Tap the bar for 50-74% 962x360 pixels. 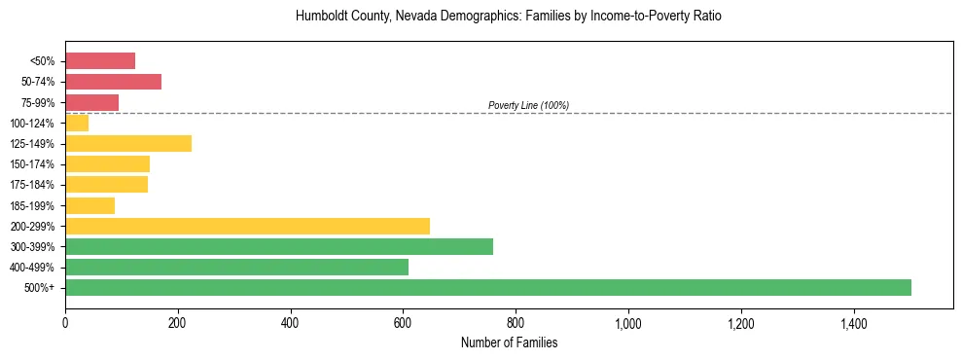pos(113,82)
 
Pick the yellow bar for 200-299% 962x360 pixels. pos(247,226)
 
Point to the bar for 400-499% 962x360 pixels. pos(236,267)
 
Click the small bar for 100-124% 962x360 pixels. pos(77,123)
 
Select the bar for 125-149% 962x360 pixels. pos(128,144)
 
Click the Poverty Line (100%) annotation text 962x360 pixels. pos(528,105)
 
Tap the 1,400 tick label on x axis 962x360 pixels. pos(853,322)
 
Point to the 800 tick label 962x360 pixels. pos(516,322)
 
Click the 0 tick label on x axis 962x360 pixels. pos(65,322)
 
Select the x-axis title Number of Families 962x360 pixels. pos(509,342)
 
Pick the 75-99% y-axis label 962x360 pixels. pos(38,102)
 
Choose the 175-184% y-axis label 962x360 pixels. pos(33,185)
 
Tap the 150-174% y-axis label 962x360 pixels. pos(33,164)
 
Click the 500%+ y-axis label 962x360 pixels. pos(40,288)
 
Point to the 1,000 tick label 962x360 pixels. pos(628,322)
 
